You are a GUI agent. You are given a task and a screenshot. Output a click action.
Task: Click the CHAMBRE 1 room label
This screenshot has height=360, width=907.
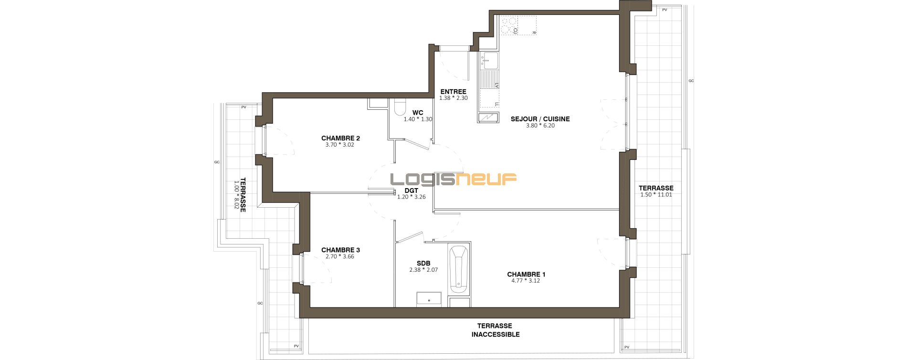tap(526, 275)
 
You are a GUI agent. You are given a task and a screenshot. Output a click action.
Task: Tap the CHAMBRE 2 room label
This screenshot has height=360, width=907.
tap(340, 138)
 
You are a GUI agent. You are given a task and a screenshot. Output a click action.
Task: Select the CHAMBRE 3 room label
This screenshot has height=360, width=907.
tap(340, 250)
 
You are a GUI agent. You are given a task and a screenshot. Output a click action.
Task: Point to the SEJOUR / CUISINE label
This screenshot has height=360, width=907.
tap(540, 119)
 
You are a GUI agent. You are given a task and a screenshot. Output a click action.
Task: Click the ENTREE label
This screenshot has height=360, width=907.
tap(453, 92)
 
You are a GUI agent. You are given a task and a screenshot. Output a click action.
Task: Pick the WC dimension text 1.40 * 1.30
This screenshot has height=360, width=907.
tap(418, 119)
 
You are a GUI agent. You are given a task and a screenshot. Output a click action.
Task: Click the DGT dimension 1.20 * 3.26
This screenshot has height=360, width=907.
tap(411, 196)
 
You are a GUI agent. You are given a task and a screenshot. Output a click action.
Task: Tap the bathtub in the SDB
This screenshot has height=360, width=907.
tap(459, 270)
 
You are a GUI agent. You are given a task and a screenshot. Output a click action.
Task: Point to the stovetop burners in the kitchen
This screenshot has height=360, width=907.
tap(509, 25)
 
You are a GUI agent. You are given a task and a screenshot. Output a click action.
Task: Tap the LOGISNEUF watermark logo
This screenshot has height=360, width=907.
tap(453, 179)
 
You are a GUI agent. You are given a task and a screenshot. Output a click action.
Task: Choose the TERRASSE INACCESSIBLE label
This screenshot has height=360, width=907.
tap(496, 330)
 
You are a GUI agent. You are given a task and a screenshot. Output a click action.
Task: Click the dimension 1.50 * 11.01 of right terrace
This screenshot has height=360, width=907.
tap(655, 195)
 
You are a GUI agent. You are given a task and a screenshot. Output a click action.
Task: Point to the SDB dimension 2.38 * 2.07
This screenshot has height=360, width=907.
tap(423, 270)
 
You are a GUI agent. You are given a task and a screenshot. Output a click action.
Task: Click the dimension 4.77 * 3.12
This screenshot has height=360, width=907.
tap(526, 281)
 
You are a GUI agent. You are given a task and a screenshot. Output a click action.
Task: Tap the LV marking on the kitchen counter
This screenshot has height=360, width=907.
tap(496, 85)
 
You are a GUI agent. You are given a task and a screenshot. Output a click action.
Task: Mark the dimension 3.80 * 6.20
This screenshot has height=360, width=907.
tap(540, 126)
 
